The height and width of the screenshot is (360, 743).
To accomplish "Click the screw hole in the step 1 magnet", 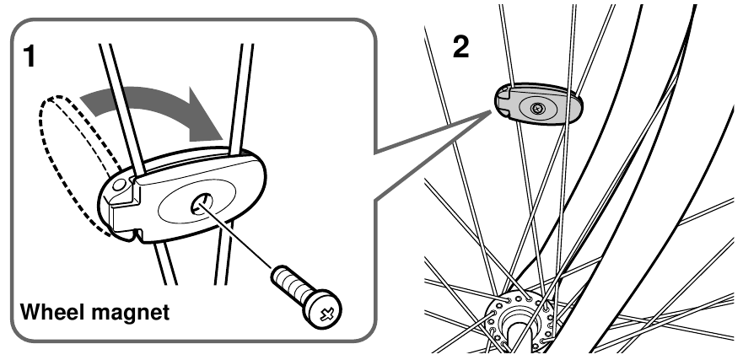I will click(x=203, y=201).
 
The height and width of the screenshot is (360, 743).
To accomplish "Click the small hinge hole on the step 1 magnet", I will click(x=121, y=181).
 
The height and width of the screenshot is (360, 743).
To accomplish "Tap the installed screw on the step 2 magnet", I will click(x=537, y=108).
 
